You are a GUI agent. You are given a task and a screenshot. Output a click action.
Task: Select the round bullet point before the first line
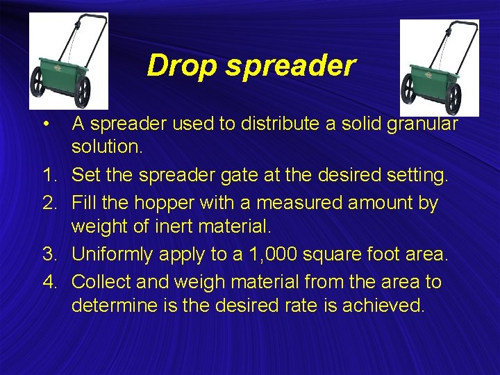point(44,124)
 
